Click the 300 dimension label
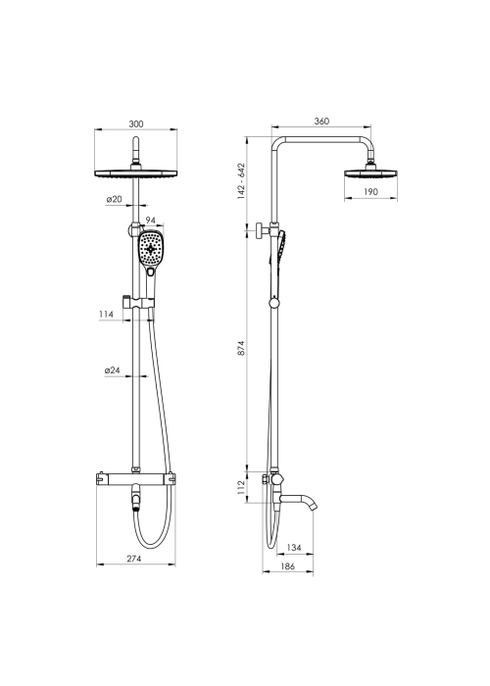pyautogui.click(x=136, y=124)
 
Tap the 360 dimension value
pyautogui.click(x=321, y=122)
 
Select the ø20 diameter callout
pyautogui.click(x=114, y=199)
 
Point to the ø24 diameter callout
pyautogui.click(x=113, y=370)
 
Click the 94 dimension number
pyautogui.click(x=151, y=220)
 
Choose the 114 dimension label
pyautogui.click(x=106, y=315)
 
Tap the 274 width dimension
pyautogui.click(x=134, y=559)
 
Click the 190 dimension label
pyautogui.click(x=370, y=192)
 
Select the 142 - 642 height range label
pyautogui.click(x=241, y=181)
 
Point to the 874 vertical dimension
pyautogui.click(x=242, y=348)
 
